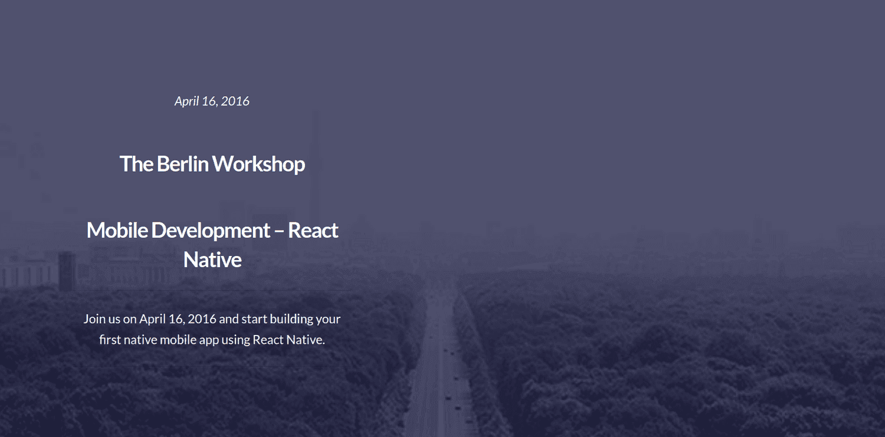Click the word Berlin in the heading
point(182,164)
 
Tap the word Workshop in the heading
point(259,164)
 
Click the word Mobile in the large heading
point(117,230)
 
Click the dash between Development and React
point(279,231)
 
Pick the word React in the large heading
point(313,231)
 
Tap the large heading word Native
point(212,260)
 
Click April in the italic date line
point(187,101)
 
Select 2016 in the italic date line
point(235,101)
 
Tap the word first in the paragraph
point(110,340)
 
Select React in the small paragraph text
point(268,340)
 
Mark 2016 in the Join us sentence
point(202,318)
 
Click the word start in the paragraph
point(254,319)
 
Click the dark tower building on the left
point(67,272)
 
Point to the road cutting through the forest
point(438,363)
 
